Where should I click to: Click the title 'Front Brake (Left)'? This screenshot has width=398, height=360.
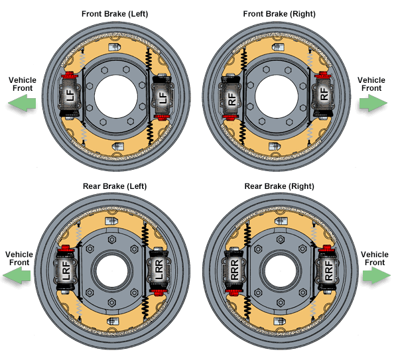pos(114,14)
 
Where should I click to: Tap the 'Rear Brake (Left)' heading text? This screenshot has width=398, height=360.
pos(114,186)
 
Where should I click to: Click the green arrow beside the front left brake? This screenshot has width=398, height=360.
pos(23,103)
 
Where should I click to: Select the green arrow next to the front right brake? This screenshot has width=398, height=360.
pos(373,103)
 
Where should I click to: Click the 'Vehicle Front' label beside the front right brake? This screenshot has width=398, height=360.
pos(371,84)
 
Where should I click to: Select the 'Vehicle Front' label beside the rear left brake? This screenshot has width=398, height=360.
pos(19,258)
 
